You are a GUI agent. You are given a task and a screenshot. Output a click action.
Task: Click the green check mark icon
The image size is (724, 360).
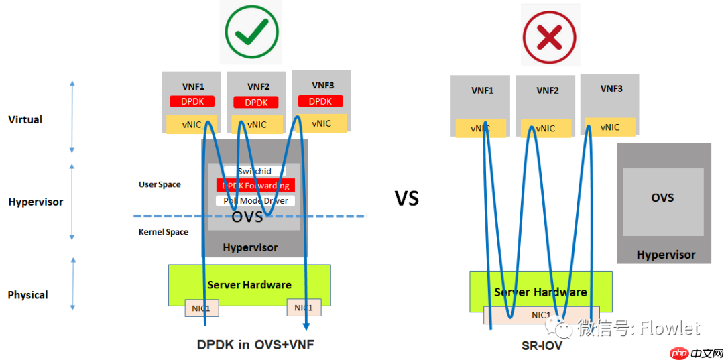coord(251,30)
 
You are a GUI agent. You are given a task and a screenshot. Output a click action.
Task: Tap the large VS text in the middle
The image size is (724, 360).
coord(406,198)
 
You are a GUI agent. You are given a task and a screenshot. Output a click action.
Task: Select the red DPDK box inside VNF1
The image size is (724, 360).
coord(192,102)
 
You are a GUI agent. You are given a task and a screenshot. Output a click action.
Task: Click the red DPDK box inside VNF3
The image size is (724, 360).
coord(320,101)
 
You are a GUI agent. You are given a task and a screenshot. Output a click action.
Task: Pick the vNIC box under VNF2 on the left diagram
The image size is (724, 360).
coord(257,125)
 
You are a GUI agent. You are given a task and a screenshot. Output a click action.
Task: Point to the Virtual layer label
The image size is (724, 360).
coord(25,120)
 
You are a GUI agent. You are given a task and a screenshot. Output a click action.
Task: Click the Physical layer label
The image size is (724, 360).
coord(27,295)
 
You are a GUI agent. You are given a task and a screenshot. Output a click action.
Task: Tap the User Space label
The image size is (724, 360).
coord(160,184)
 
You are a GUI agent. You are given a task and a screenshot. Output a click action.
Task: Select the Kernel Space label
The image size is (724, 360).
coord(164,232)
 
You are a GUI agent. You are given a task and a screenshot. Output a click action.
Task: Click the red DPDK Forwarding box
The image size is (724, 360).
coord(255,186)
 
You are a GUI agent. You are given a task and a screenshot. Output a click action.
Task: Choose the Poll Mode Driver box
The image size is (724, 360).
coord(255,200)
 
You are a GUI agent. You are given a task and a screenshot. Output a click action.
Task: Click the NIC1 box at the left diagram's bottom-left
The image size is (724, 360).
coord(202,308)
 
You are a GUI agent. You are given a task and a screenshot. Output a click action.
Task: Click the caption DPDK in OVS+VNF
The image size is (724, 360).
coord(255,345)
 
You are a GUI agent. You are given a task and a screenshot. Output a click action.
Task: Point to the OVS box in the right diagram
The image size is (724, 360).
coord(662,198)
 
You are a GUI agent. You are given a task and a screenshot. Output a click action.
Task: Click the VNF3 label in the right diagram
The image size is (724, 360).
coord(611,88)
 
